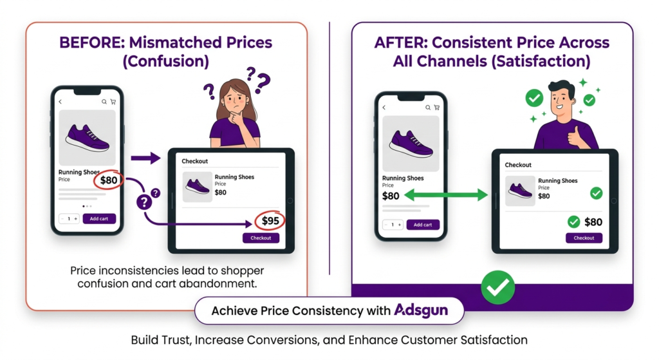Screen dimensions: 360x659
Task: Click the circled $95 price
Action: pyautogui.click(x=270, y=222)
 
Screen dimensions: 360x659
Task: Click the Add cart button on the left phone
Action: pyautogui.click(x=98, y=218)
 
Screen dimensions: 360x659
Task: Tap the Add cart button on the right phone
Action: pyautogui.click(x=422, y=225)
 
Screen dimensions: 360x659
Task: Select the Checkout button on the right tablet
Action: pyautogui.click(x=584, y=238)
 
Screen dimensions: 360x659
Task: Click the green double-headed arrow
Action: pyautogui.click(x=446, y=195)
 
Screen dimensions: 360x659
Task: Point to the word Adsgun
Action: pyautogui.click(x=420, y=310)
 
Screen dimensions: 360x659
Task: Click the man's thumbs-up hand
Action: pyautogui.click(x=573, y=135)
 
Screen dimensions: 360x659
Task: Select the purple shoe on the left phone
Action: pyautogui.click(x=87, y=137)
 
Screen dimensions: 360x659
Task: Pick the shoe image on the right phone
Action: pyautogui.click(x=411, y=143)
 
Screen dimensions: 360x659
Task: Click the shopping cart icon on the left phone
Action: pyautogui.click(x=113, y=102)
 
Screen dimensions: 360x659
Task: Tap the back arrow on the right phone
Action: pyautogui.click(x=384, y=108)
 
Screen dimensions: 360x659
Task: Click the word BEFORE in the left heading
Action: pyautogui.click(x=91, y=43)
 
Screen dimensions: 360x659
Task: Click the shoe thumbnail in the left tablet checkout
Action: pyautogui.click(x=197, y=186)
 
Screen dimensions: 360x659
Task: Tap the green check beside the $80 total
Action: pyautogui.click(x=574, y=222)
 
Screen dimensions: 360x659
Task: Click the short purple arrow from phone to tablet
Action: pyautogui.click(x=145, y=158)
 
